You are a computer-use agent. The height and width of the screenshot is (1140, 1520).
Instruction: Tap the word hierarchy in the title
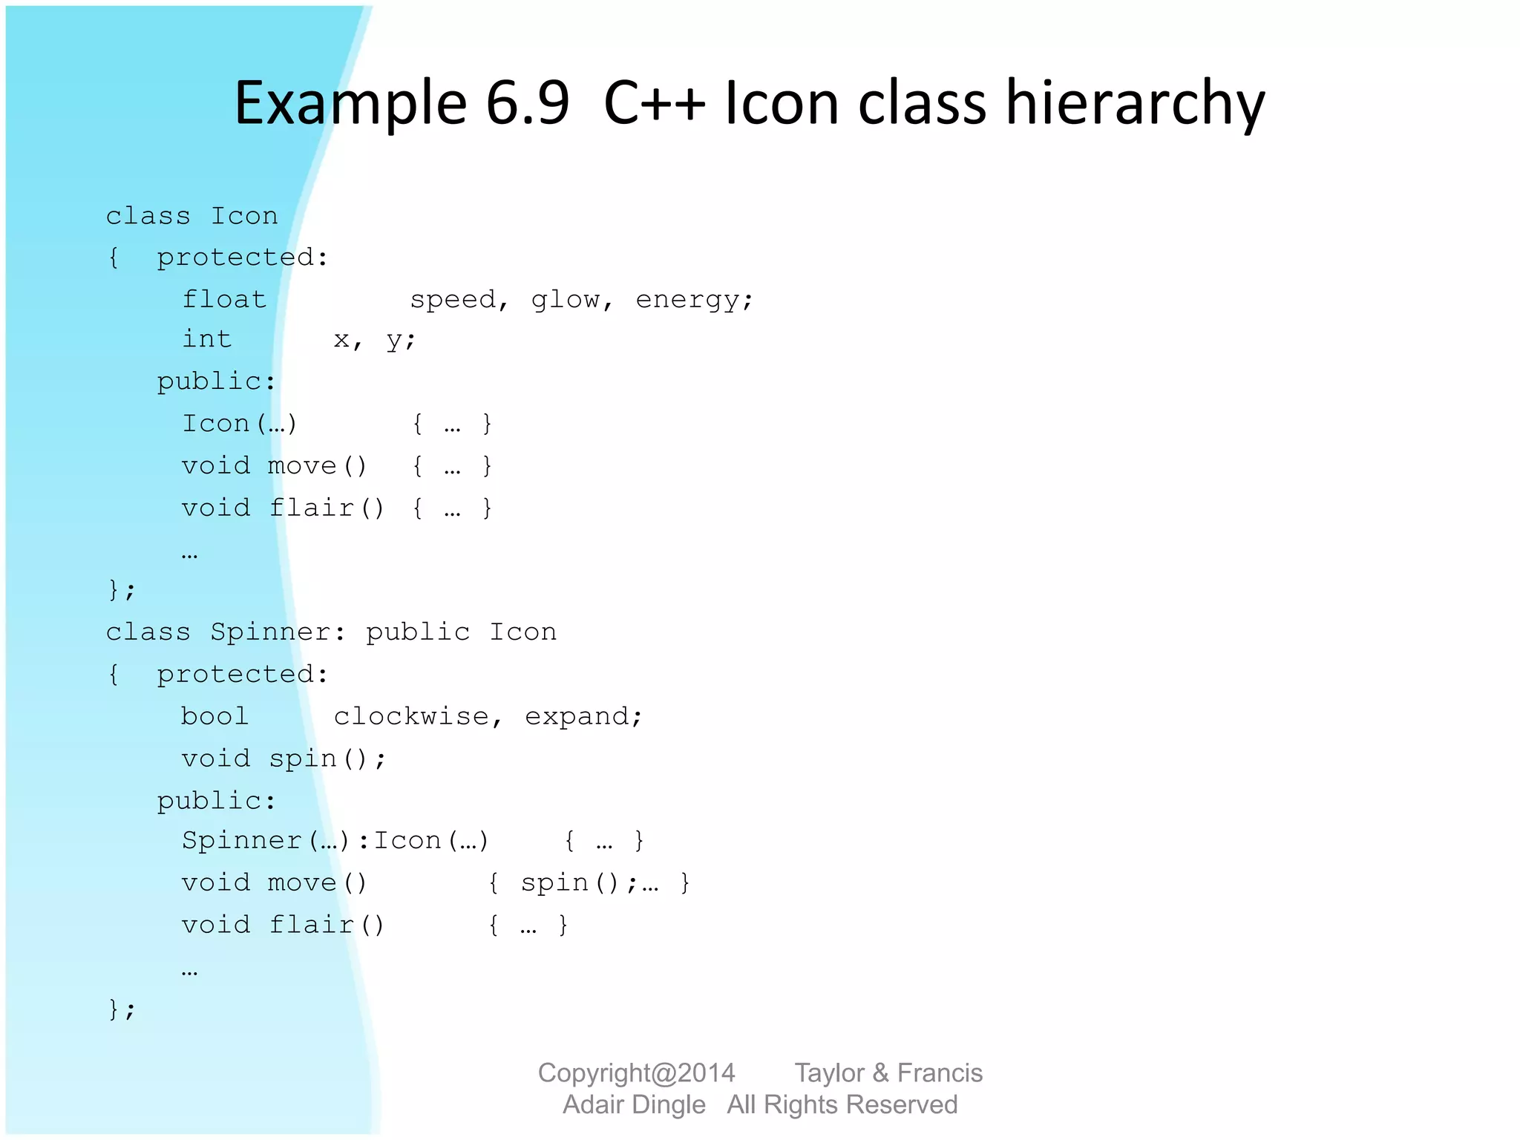[x=1135, y=104]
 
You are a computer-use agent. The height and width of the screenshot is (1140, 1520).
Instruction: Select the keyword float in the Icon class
[x=224, y=299]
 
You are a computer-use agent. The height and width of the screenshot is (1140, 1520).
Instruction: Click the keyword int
[x=207, y=339]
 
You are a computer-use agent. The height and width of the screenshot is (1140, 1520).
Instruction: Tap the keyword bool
[x=214, y=716]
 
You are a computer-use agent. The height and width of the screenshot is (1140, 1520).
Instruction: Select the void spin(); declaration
[x=284, y=759]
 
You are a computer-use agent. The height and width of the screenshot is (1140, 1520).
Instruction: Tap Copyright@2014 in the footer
[x=636, y=1072]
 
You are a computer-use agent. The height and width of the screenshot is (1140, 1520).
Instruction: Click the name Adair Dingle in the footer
[x=634, y=1104]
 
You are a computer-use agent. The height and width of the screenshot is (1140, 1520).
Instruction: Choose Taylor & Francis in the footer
[x=888, y=1072]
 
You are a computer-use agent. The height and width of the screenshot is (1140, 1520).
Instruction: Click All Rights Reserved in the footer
[x=842, y=1104]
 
